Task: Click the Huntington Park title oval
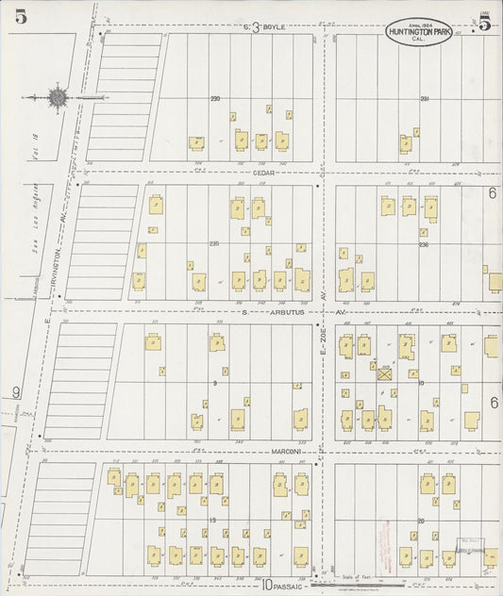418,35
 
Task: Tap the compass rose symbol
59,96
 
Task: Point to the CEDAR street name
262,173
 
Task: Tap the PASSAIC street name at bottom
287,585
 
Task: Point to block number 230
215,99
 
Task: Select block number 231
425,99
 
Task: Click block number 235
214,243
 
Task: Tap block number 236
424,244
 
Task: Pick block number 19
214,520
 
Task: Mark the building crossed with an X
385,373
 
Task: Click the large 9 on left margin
15,392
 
